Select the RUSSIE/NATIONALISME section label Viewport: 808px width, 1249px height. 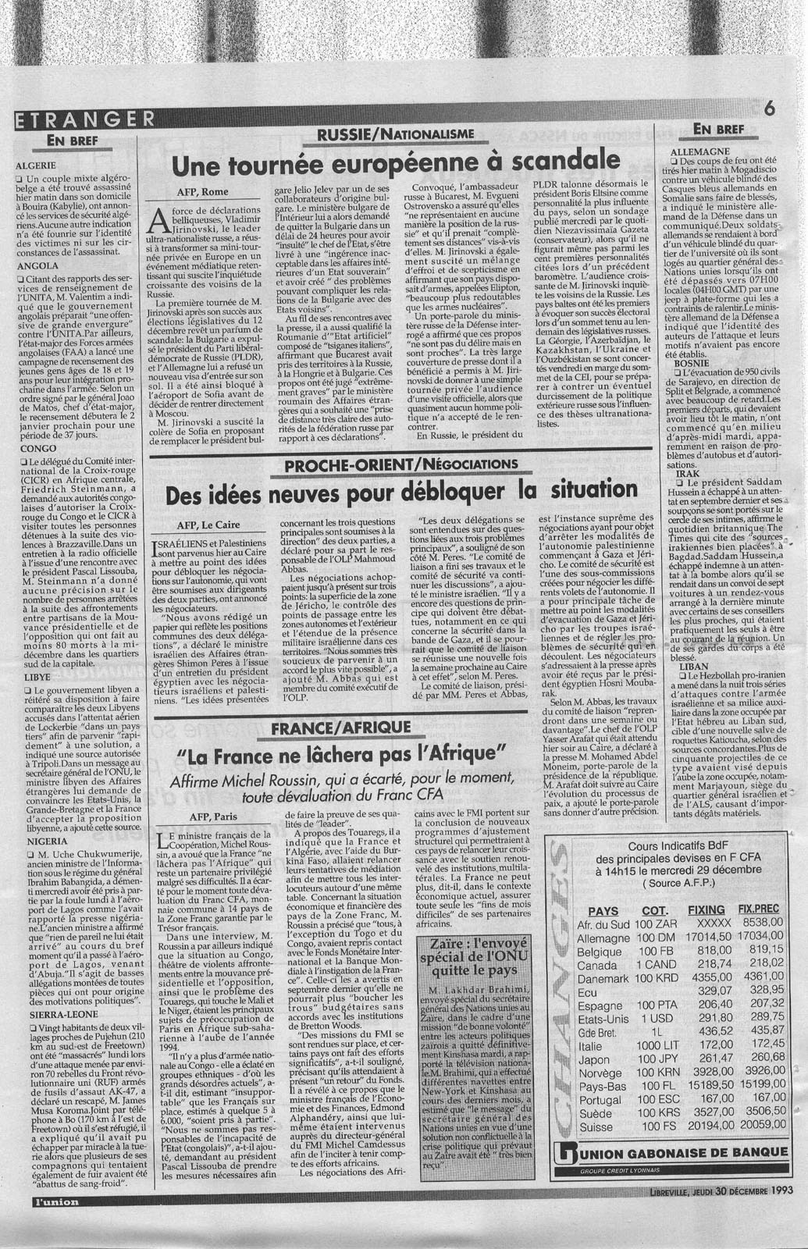396,135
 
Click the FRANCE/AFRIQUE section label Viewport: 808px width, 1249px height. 341,727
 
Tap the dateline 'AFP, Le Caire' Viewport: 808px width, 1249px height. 206,525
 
